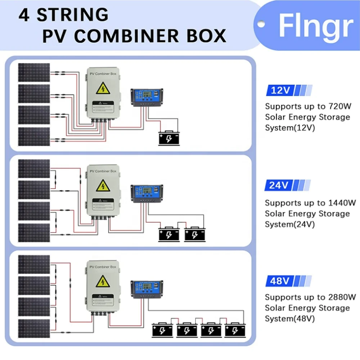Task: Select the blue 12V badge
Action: click(280, 90)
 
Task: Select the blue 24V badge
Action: click(279, 185)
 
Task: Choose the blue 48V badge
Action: click(279, 281)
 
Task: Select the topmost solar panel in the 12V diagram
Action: click(34, 72)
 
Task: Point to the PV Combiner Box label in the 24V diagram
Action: click(103, 171)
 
